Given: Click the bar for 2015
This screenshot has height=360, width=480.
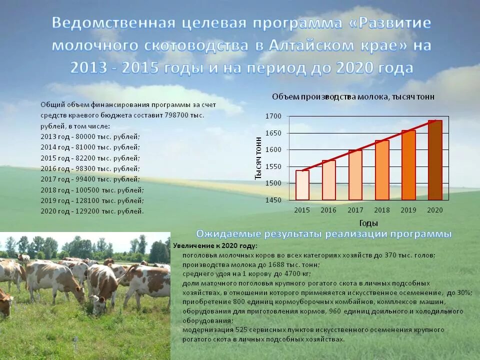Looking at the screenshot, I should tap(302, 185).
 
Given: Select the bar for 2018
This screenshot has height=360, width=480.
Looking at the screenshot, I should tap(382, 170).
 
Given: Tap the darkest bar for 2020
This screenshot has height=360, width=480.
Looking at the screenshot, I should tap(435, 160).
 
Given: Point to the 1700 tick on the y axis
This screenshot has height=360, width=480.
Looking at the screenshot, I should tap(273, 116).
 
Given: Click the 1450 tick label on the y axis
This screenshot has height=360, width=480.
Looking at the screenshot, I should tap(273, 200).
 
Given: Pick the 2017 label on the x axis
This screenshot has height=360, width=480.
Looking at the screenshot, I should tap(355, 210).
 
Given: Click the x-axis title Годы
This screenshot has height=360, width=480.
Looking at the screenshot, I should tap(368, 223).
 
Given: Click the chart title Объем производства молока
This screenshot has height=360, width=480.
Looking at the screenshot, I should tap(353, 96).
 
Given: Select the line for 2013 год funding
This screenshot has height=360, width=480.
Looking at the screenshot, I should tap(90, 136).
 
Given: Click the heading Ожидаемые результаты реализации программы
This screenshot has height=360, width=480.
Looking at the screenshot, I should tap(324, 234).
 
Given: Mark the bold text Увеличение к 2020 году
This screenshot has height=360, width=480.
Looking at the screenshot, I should tap(215, 246).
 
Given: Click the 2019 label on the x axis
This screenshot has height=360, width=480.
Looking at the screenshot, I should tap(408, 210).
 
